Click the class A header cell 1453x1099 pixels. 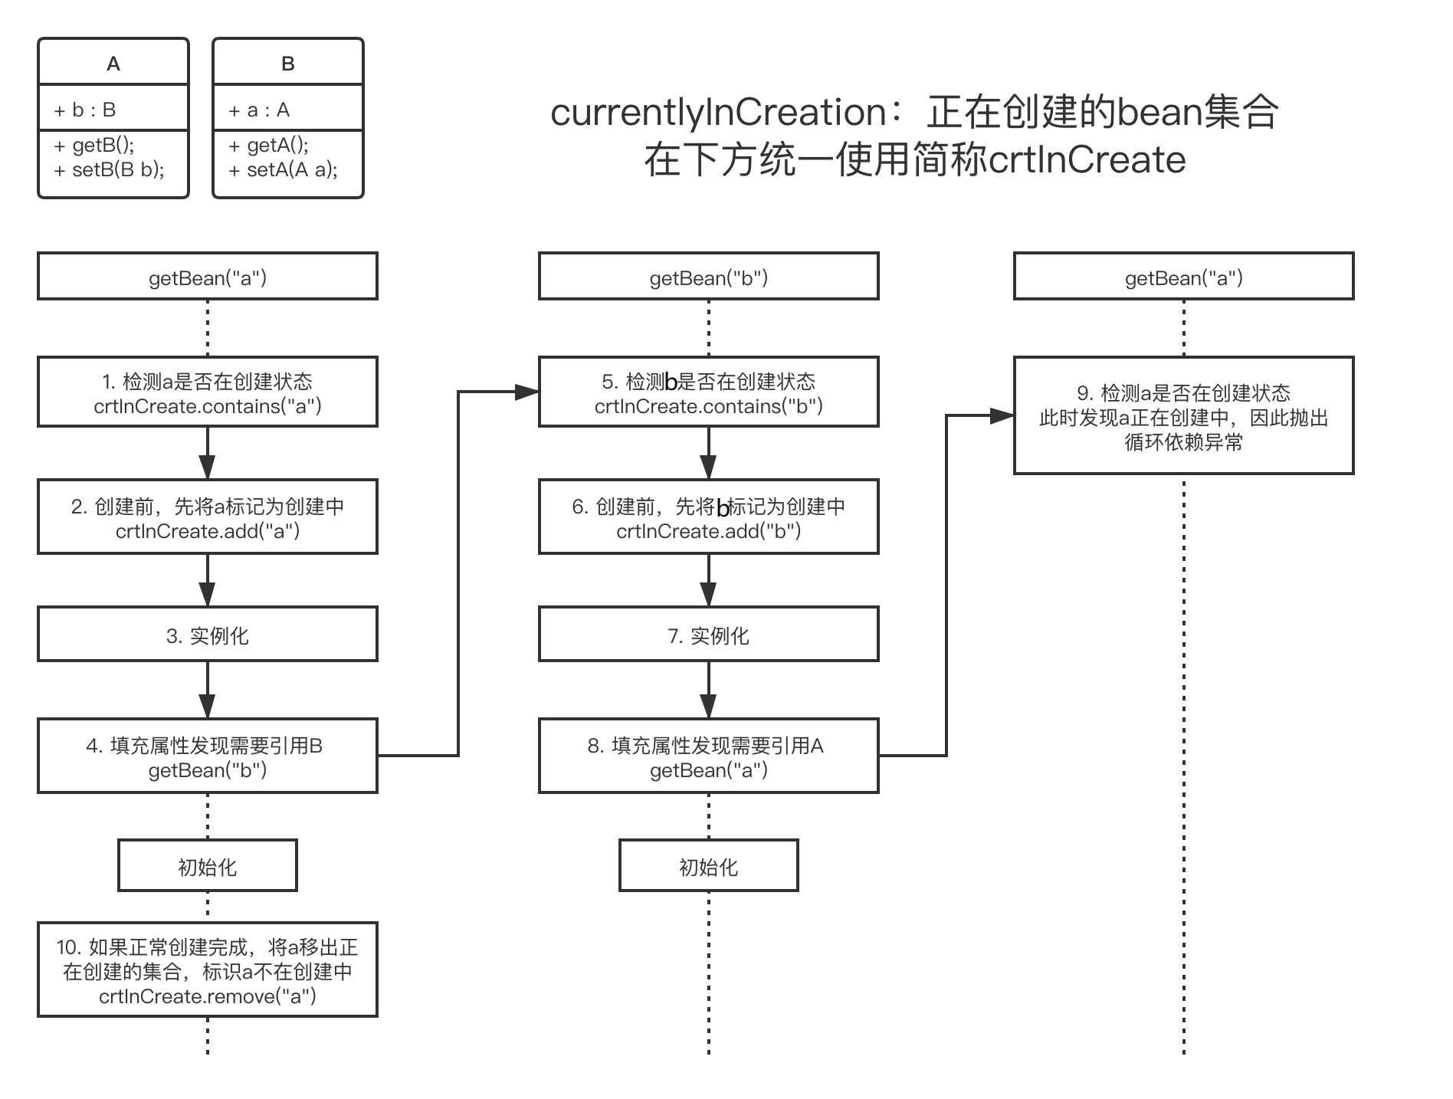pos(113,63)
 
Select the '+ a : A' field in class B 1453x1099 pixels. pos(259,110)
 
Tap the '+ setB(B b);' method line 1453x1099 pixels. pos(110,169)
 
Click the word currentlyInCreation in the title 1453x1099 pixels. pos(719,113)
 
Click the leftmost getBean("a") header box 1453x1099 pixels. pos(208,277)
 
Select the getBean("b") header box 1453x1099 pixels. pos(708,277)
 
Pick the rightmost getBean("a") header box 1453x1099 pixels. pos(1183,277)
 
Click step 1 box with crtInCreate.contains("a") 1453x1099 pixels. pos(208,392)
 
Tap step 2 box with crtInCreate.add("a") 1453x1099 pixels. pos(208,517)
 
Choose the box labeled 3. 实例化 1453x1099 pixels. pos(208,635)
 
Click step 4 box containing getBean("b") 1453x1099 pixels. pos(208,756)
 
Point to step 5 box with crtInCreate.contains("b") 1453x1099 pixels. pos(708,392)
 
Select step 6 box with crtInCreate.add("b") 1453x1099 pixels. pos(708,517)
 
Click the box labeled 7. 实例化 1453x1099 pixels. pos(708,635)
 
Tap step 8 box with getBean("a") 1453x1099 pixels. pos(708,756)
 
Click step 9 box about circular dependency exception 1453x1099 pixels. pos(1183,416)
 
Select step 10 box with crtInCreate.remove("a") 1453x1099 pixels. pos(208,970)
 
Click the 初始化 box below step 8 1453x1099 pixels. pos(708,866)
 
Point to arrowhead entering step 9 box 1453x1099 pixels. pos(1002,416)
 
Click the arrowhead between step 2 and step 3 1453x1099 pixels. pos(207,594)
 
